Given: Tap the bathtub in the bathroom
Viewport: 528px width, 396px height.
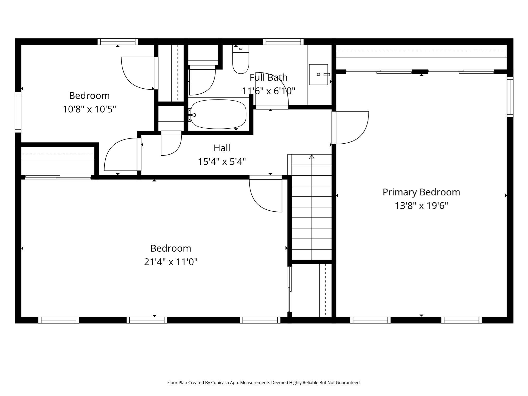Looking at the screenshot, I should coord(218,114).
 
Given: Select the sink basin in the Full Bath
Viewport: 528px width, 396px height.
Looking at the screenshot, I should coord(318,75).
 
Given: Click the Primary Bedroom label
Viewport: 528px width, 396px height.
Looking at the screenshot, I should coord(421,192).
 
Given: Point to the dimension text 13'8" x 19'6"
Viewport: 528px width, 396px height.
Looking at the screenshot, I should coord(421,206).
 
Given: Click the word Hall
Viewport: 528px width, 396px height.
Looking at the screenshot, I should coord(222,148).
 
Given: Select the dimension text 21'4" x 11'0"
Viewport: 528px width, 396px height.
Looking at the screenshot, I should coord(171,262).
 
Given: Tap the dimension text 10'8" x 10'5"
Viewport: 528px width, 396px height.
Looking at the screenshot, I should coord(89,109).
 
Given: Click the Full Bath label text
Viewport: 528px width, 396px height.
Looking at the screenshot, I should coord(268,77).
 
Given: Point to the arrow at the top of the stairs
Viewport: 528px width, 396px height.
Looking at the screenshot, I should coord(312,157).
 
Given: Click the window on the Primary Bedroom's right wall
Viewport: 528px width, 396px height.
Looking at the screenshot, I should coord(510,97).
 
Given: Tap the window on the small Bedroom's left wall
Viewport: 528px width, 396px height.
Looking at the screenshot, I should coord(18,112).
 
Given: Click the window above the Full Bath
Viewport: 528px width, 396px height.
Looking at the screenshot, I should coord(283,42).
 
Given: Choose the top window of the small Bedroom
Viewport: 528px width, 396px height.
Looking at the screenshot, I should coord(118,42).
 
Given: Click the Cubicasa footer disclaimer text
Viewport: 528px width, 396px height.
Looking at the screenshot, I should coord(264,383).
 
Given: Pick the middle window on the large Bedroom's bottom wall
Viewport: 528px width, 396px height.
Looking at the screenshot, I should coord(147,320).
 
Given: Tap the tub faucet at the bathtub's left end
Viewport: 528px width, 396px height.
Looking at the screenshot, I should coord(192,115).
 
